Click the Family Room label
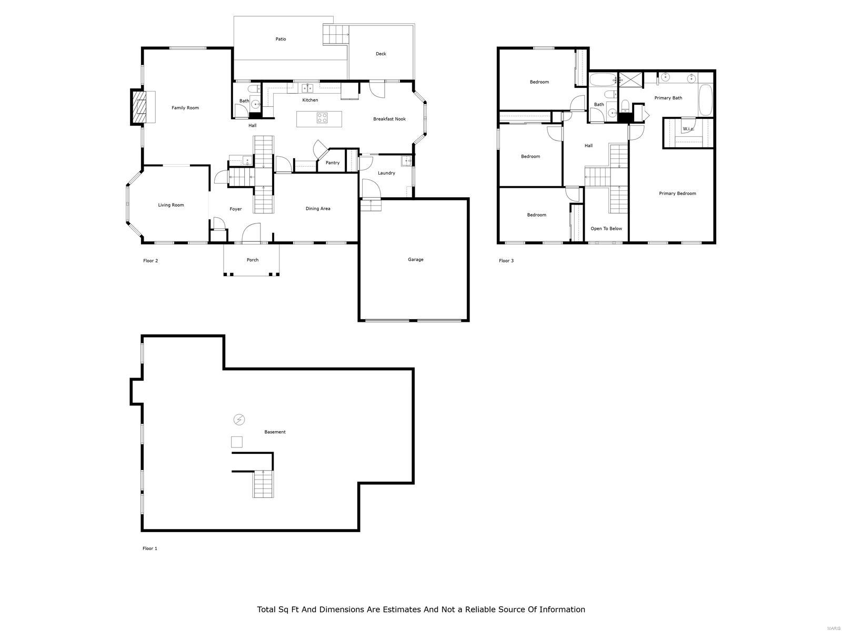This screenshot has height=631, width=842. click(185, 108)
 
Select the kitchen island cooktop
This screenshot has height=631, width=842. click(322, 118)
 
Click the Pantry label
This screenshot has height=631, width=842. click(333, 163)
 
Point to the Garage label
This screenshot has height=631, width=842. click(415, 259)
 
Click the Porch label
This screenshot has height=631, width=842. click(253, 260)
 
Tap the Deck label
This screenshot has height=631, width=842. click(381, 54)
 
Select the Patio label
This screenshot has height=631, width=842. click(281, 39)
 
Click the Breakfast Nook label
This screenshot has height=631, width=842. click(389, 119)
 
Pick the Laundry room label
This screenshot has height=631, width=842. click(386, 173)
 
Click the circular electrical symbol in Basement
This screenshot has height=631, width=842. click(239, 420)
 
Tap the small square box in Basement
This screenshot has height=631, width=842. click(237, 442)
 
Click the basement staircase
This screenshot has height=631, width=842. click(263, 484)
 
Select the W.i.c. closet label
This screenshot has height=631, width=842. click(688, 129)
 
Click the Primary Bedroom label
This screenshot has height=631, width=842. click(677, 194)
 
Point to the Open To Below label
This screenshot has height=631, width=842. click(606, 229)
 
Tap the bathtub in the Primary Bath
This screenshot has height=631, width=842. click(705, 100)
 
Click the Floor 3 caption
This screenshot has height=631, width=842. click(506, 261)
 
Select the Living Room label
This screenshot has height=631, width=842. click(171, 205)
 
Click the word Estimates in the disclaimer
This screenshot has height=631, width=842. click(400, 609)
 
